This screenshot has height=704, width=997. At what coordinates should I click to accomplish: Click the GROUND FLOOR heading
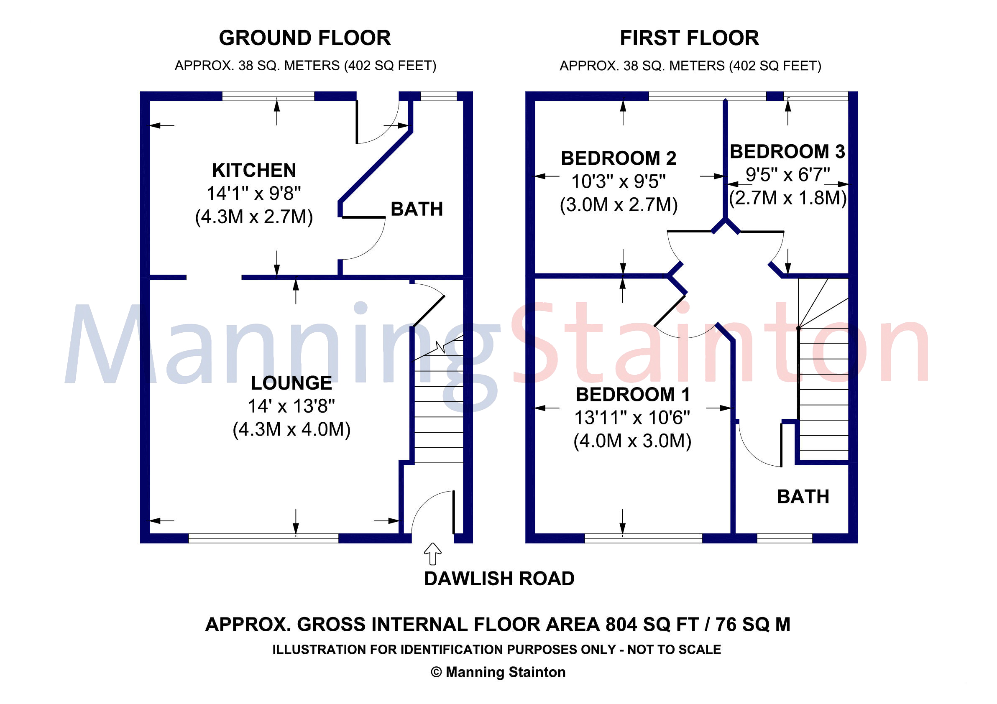304,38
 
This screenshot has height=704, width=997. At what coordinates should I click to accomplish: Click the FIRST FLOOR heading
690,38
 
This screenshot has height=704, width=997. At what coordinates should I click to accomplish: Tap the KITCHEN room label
254,170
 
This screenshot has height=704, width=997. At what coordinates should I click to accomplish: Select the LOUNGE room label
291,383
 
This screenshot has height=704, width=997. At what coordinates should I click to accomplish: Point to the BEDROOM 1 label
633,395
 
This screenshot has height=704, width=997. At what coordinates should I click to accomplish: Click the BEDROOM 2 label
619,158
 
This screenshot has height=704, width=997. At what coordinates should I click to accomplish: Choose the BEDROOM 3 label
787,151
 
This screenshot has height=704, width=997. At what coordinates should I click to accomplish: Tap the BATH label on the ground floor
417,209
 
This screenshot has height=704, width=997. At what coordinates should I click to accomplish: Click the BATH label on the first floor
803,497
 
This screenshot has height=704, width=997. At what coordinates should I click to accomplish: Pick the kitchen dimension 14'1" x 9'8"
253,194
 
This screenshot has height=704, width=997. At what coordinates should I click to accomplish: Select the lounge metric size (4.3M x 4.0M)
291,429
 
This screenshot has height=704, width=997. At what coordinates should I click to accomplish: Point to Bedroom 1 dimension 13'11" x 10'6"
632,418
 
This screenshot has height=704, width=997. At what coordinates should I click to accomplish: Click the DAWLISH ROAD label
499,579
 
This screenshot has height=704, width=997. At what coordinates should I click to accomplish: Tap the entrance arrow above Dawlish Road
432,554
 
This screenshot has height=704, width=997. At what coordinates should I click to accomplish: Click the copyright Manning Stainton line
498,672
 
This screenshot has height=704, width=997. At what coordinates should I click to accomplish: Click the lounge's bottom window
263,538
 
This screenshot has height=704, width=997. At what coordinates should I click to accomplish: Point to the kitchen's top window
268,96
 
